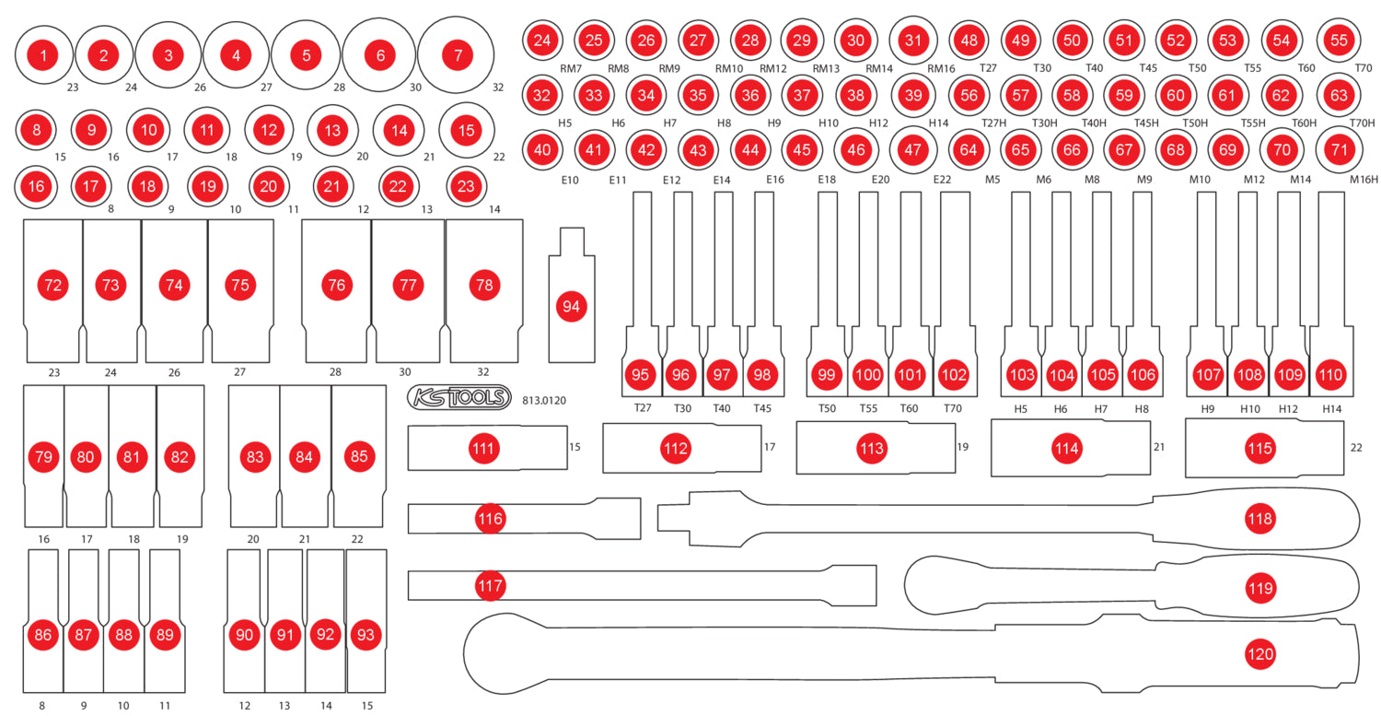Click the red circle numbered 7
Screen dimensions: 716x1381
point(458,54)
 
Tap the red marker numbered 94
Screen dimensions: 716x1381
point(571,307)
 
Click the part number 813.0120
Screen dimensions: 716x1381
point(543,401)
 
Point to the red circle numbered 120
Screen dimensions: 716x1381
point(1259,654)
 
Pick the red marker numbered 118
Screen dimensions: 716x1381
point(1259,519)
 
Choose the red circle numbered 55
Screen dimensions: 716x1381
point(1339,41)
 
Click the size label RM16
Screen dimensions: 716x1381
point(941,68)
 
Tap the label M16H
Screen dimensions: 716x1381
point(1364,179)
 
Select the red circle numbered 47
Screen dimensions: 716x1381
point(912,148)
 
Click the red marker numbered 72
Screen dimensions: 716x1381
point(53,285)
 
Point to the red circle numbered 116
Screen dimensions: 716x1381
point(491,519)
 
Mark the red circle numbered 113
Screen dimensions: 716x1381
point(871,449)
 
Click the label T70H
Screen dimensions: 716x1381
point(1362,123)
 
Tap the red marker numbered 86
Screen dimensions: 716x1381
point(42,635)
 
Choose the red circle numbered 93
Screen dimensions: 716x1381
point(366,635)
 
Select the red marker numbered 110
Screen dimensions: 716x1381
point(1329,375)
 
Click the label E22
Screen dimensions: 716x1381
point(941,179)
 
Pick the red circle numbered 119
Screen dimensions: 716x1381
point(1259,586)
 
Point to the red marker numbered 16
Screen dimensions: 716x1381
point(36,186)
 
